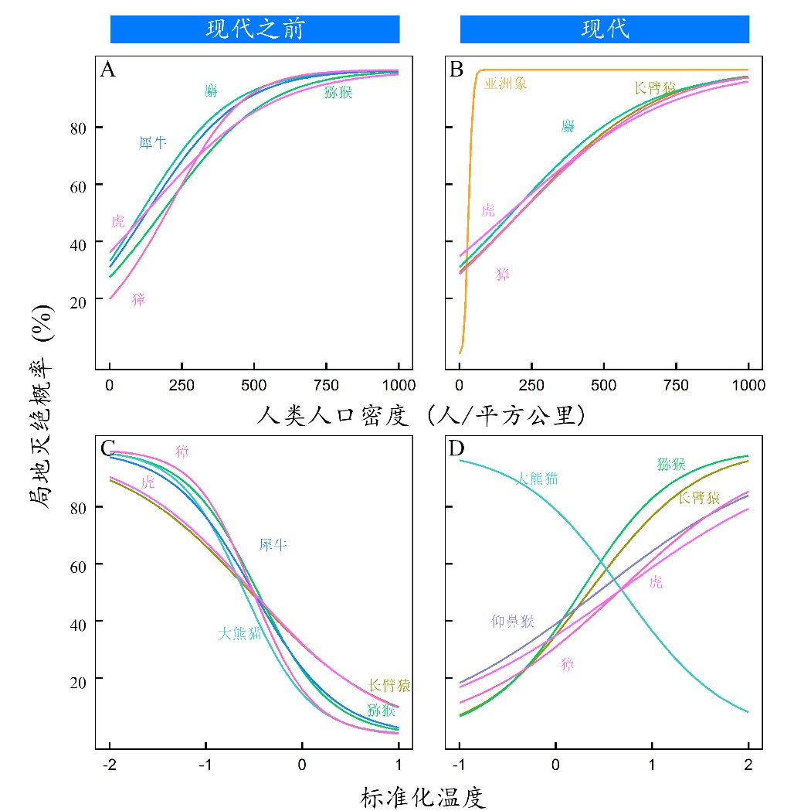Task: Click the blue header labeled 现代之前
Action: (x=255, y=29)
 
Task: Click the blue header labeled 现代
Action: (x=605, y=29)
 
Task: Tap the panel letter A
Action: (x=108, y=70)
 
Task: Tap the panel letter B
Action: (x=456, y=70)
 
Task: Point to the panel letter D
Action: (x=457, y=448)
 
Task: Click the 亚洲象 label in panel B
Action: (x=506, y=83)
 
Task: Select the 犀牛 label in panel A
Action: (x=152, y=143)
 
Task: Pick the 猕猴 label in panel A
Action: (x=338, y=93)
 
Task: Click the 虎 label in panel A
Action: (x=117, y=222)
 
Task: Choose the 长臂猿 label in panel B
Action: (x=654, y=88)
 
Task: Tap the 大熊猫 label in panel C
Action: (x=239, y=634)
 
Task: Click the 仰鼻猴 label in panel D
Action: (x=512, y=621)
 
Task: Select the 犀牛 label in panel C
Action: (x=273, y=545)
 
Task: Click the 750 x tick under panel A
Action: (x=327, y=386)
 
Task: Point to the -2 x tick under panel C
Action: (x=109, y=765)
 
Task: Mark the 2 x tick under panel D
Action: (x=748, y=765)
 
